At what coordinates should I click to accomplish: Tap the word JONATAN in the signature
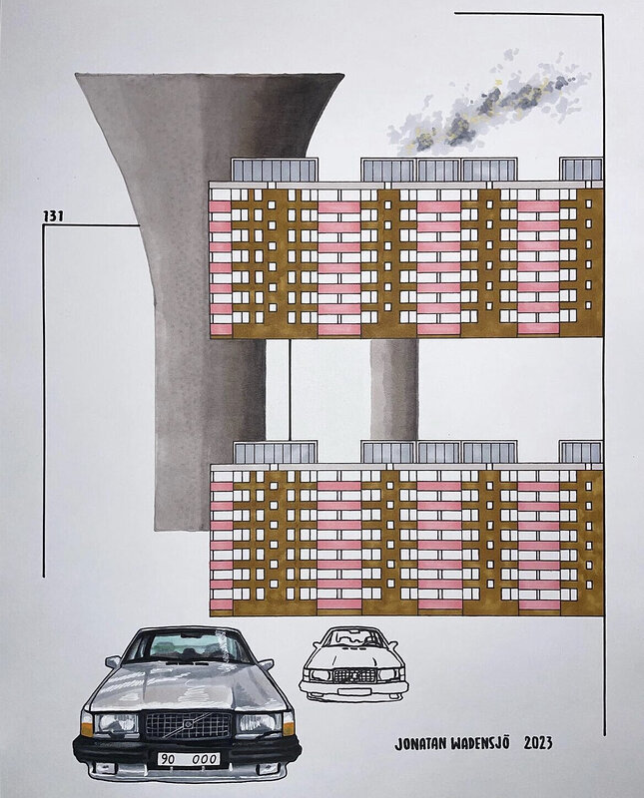click(x=428, y=743)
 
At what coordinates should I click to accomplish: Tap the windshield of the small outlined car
click(x=357, y=635)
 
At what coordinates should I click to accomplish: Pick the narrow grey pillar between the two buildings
click(x=393, y=389)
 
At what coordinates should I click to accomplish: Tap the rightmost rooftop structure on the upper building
click(x=581, y=170)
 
